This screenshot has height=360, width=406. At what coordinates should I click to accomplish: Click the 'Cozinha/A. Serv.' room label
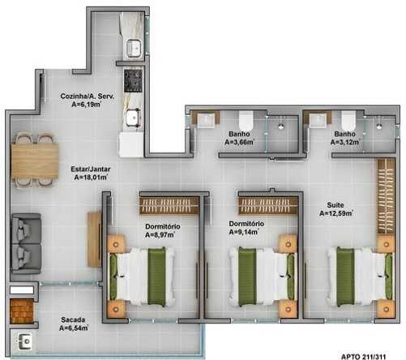(x=87, y=96)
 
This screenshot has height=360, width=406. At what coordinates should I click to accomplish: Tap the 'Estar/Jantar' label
(x=91, y=169)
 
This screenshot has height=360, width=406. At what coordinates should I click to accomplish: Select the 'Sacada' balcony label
(x=73, y=319)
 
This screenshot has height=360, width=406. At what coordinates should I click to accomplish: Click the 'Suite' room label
(x=335, y=205)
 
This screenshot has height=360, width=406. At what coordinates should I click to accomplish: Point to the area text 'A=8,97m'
(x=160, y=235)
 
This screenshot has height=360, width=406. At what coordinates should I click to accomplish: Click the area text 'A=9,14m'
(x=244, y=232)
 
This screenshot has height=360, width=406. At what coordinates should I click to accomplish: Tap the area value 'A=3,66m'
(x=239, y=142)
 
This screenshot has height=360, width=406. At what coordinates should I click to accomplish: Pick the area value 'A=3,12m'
(x=345, y=142)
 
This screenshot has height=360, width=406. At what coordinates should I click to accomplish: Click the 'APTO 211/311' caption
(x=364, y=357)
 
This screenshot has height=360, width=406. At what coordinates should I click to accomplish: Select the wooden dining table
(x=35, y=161)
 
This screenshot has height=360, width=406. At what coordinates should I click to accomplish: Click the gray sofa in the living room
(x=26, y=243)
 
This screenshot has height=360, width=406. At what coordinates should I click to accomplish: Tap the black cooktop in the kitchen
(x=133, y=80)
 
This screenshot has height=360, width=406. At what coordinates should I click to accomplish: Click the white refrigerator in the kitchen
(x=131, y=144)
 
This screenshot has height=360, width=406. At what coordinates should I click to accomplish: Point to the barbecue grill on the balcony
(x=22, y=311)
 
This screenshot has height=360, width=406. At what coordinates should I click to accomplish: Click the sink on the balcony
(x=25, y=341)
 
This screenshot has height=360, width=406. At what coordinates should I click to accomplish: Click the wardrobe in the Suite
(x=386, y=196)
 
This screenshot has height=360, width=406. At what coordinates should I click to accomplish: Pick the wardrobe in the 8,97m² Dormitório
(x=169, y=205)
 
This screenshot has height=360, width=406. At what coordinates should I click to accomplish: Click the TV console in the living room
(x=94, y=239)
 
